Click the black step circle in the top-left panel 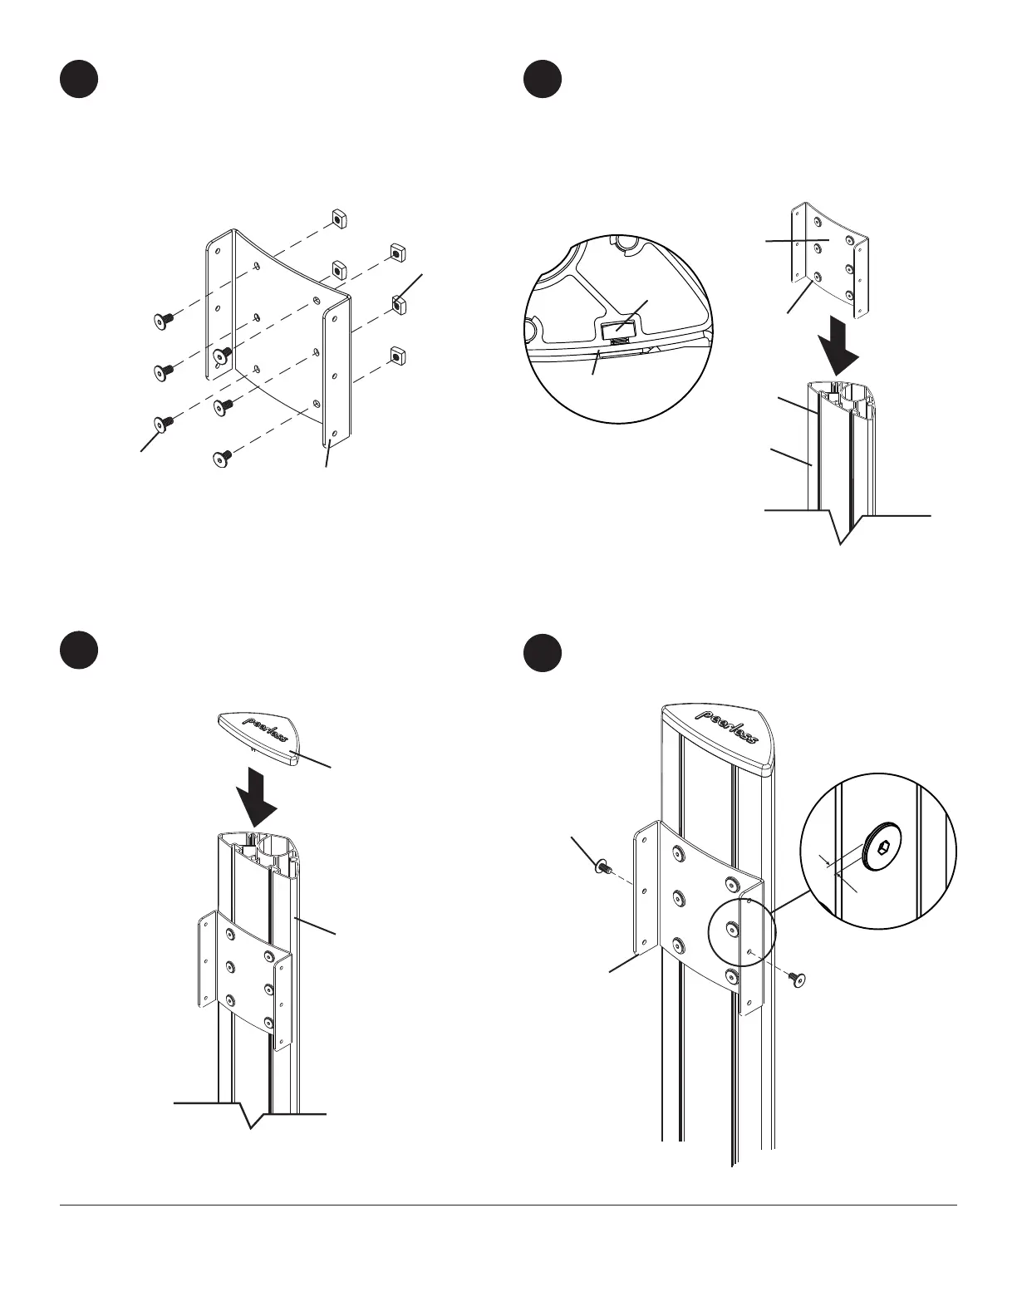pyautogui.click(x=79, y=79)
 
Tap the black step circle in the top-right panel pyautogui.click(x=543, y=79)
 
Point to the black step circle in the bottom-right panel pyautogui.click(x=543, y=651)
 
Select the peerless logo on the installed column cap pyautogui.click(x=727, y=727)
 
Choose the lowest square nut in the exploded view pyautogui.click(x=397, y=355)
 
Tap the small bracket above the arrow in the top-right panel pyautogui.click(x=827, y=258)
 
